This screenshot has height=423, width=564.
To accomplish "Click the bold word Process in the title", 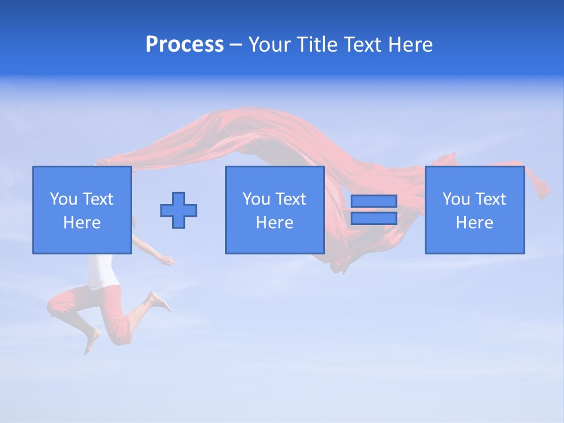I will (x=184, y=45).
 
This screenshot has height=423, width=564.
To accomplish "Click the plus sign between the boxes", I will (x=179, y=210).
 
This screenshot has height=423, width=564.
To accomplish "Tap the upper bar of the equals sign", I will (x=374, y=202).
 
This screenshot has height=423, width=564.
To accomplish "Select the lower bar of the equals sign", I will (x=374, y=218).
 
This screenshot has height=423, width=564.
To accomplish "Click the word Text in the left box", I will (x=98, y=199).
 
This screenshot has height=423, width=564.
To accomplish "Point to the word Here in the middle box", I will (x=275, y=223).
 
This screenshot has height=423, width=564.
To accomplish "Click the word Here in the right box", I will (x=475, y=223).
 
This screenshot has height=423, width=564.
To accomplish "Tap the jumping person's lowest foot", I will (x=91, y=341).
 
